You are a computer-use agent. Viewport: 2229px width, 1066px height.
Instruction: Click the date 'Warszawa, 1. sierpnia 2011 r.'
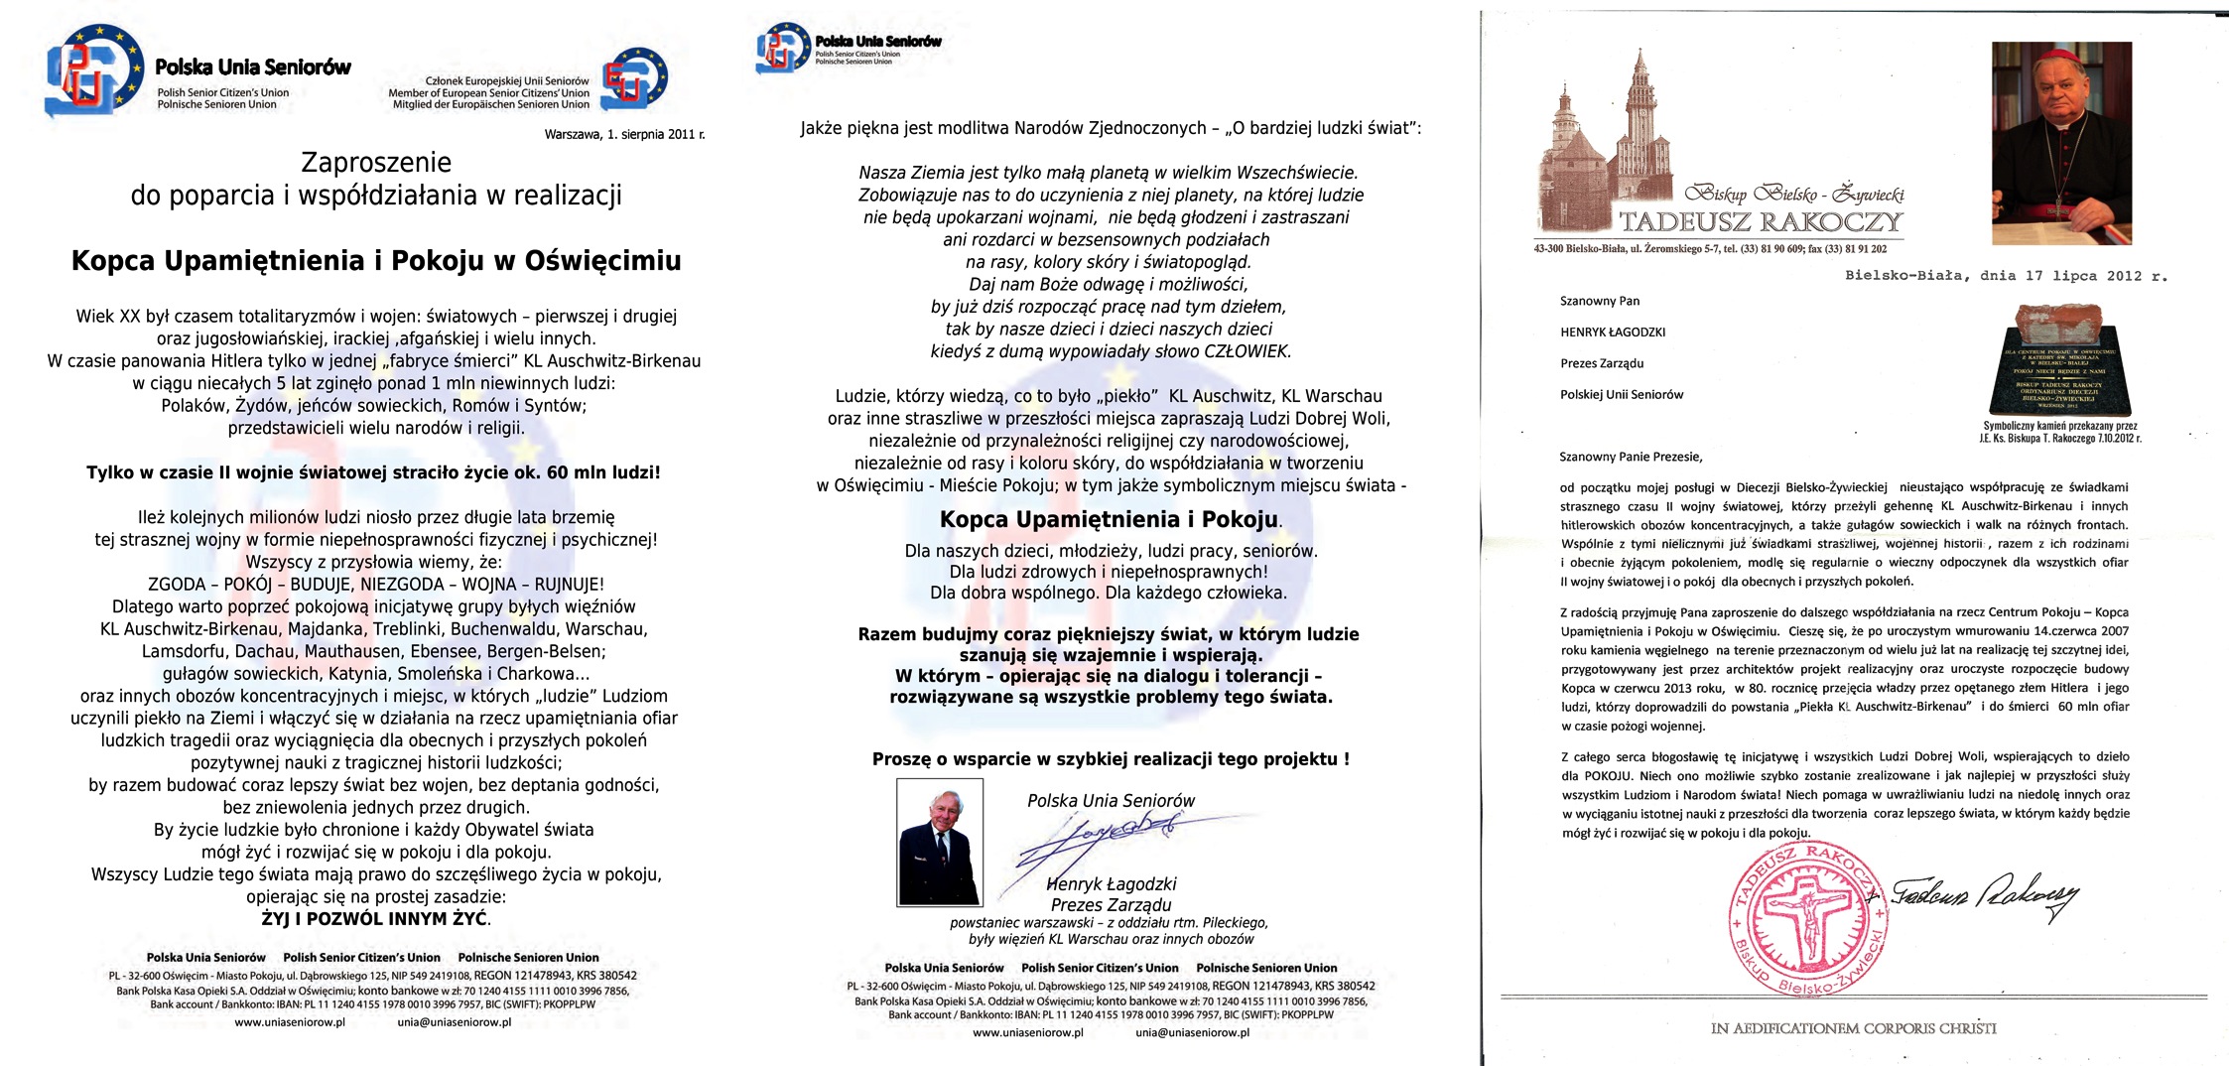point(624,134)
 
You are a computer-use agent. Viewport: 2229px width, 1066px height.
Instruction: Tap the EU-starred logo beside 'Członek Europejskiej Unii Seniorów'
point(634,79)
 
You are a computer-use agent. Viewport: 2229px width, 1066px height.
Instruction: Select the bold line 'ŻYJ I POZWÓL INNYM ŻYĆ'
point(375,919)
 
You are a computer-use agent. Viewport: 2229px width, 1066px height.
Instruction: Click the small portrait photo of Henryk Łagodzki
point(939,842)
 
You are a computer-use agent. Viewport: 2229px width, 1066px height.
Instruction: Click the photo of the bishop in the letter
point(2061,143)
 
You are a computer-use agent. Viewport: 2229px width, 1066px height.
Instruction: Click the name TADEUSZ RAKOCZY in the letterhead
point(1761,221)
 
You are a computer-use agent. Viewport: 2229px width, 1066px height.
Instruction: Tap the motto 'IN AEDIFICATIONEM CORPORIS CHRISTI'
point(1853,1028)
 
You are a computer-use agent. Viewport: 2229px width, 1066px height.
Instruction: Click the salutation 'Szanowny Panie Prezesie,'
point(1631,457)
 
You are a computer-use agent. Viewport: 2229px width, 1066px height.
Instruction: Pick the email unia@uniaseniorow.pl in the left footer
point(455,1022)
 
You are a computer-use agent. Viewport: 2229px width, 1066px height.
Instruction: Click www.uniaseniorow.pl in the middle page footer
point(1027,1032)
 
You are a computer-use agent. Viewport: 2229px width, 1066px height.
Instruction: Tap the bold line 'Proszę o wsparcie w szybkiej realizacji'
point(1111,759)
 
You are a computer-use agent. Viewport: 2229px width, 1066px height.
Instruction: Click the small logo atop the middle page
point(783,47)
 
